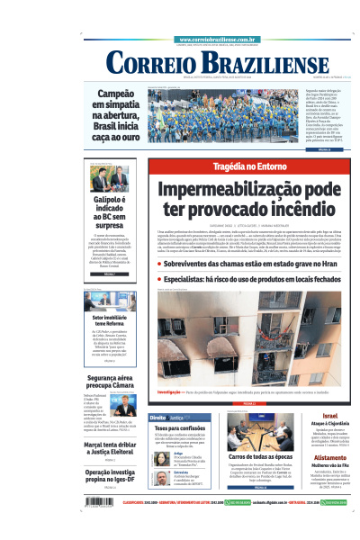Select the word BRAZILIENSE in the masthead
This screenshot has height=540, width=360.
(252, 63)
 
